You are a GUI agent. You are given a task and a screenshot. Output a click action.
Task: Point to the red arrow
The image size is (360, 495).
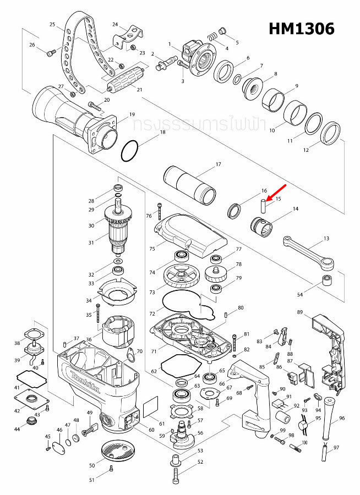[x=276, y=194]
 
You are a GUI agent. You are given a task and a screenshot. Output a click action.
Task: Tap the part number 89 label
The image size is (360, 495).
[x=300, y=312]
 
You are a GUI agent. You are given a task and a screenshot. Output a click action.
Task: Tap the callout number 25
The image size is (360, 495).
[x=53, y=25]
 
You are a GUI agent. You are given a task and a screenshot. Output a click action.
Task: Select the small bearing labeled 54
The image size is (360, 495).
[x=329, y=283]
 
